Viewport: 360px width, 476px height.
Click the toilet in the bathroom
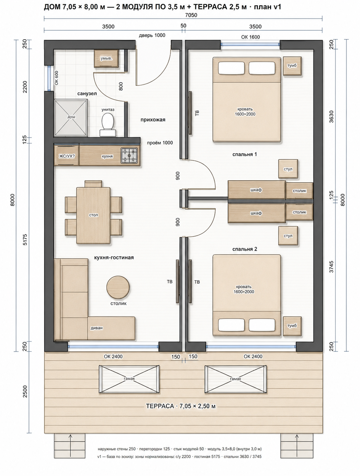[108, 124]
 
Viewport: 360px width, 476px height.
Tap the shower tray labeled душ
[71, 118]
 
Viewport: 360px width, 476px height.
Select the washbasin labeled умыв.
[106, 58]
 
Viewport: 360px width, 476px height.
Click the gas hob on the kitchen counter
[129, 155]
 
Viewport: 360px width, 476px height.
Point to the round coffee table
[118, 287]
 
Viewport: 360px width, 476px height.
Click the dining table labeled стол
[93, 215]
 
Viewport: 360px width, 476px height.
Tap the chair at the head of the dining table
[93, 184]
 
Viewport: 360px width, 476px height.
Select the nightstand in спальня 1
[292, 66]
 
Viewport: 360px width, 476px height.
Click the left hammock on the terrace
[129, 379]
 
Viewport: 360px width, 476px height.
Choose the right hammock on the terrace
[236, 379]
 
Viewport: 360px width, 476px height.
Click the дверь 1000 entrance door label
[152, 35]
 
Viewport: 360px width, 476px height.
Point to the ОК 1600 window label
[250, 37]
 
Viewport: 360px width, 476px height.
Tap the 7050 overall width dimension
[191, 15]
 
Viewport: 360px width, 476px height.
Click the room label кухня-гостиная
[114, 257]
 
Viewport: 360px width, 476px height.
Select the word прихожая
[153, 120]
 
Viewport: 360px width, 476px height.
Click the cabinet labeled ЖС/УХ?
[66, 156]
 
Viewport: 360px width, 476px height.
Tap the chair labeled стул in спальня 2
[288, 236]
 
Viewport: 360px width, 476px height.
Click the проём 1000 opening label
[160, 143]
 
